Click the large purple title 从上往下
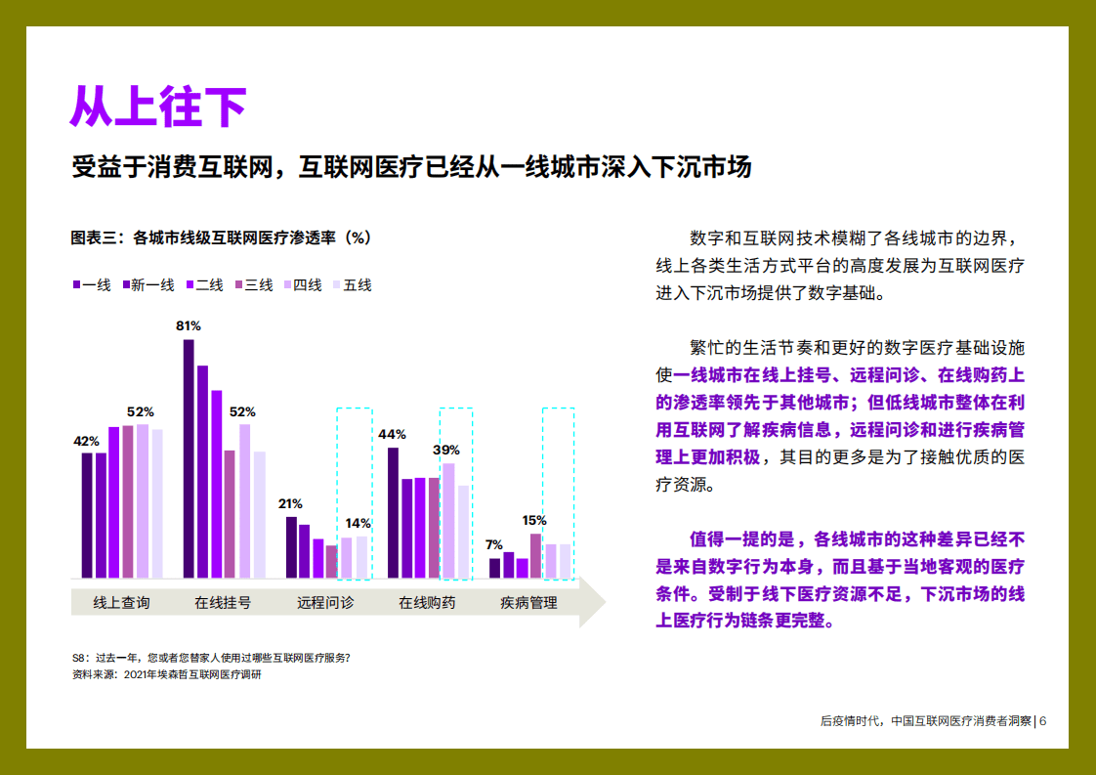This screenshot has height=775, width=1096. (x=157, y=107)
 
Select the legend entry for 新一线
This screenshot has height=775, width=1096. (x=148, y=285)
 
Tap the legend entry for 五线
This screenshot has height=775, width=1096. (x=353, y=285)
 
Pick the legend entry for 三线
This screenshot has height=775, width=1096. (x=253, y=285)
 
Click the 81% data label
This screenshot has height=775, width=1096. (x=189, y=325)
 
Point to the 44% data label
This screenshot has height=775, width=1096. (x=392, y=434)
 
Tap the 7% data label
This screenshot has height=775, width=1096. (x=494, y=544)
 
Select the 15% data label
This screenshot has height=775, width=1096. (x=534, y=520)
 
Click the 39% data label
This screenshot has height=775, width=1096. (x=446, y=450)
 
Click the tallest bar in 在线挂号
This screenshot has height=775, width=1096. (x=190, y=458)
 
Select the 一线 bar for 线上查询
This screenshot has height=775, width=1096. (x=87, y=515)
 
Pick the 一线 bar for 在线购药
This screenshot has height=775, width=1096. (x=393, y=512)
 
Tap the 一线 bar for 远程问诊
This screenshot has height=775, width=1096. (x=291, y=547)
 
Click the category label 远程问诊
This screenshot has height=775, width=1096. (x=325, y=603)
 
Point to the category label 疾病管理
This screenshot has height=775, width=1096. (x=528, y=603)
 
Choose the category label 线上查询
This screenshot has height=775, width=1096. (x=121, y=603)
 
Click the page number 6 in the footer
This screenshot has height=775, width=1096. (x=1043, y=721)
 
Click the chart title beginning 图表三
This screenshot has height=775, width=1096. (x=221, y=237)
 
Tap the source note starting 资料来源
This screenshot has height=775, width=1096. (x=167, y=674)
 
